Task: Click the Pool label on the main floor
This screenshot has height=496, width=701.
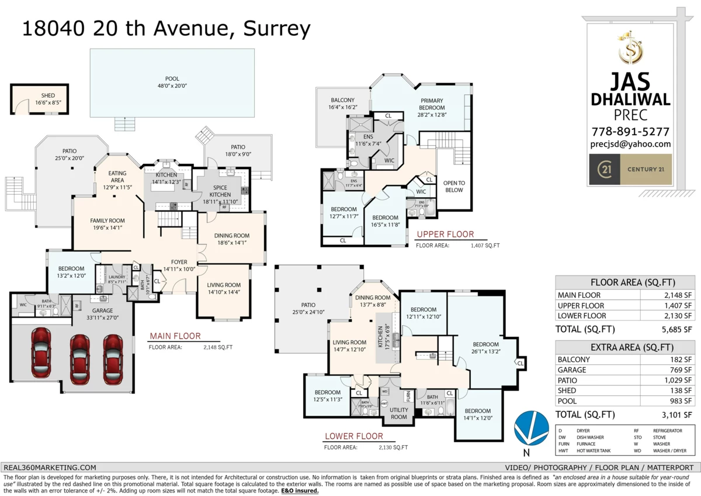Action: tap(172, 82)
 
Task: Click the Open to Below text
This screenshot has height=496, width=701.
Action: tap(453, 186)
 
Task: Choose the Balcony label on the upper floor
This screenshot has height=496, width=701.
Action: tap(342, 104)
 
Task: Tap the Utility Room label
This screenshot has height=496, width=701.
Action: tap(398, 414)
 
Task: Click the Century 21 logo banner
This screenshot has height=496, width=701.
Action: tap(630, 170)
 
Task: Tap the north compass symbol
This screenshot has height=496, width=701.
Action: tap(531, 430)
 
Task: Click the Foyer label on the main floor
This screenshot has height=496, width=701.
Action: tap(179, 265)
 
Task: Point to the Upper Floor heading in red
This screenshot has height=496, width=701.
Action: tap(445, 235)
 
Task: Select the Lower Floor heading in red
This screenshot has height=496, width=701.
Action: tap(354, 436)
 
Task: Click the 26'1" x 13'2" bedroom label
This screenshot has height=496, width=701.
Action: tap(485, 347)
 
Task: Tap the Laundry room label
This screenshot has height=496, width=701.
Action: tap(117, 278)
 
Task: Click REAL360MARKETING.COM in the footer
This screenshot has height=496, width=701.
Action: tap(50, 467)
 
